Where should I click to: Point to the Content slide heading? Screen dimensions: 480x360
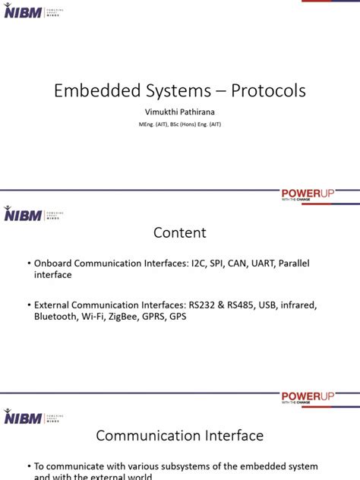[180, 232]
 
